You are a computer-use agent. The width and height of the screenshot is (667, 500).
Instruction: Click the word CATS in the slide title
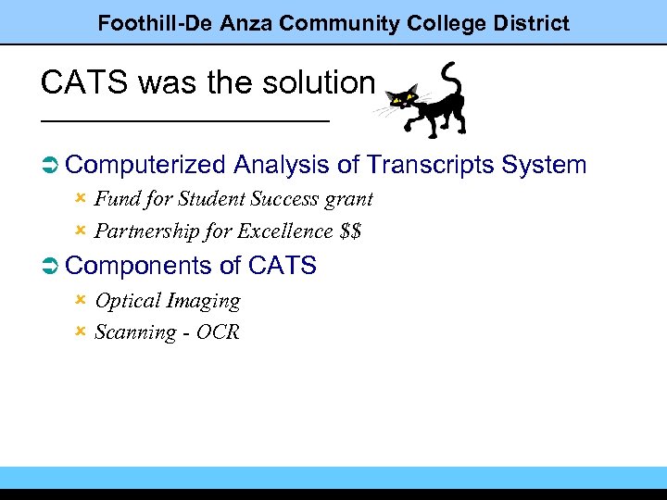[72, 83]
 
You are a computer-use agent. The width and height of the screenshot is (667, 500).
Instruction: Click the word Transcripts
[430, 165]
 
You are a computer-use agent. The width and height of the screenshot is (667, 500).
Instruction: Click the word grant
[350, 199]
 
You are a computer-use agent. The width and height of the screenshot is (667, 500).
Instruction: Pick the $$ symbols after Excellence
[350, 231]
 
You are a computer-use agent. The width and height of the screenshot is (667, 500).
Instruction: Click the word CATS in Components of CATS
[283, 266]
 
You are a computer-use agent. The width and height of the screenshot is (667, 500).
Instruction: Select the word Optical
[128, 301]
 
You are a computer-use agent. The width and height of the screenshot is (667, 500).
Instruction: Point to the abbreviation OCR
[218, 332]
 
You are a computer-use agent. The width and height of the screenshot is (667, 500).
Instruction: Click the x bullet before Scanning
[81, 331]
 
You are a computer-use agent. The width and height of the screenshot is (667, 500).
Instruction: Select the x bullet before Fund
[81, 198]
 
